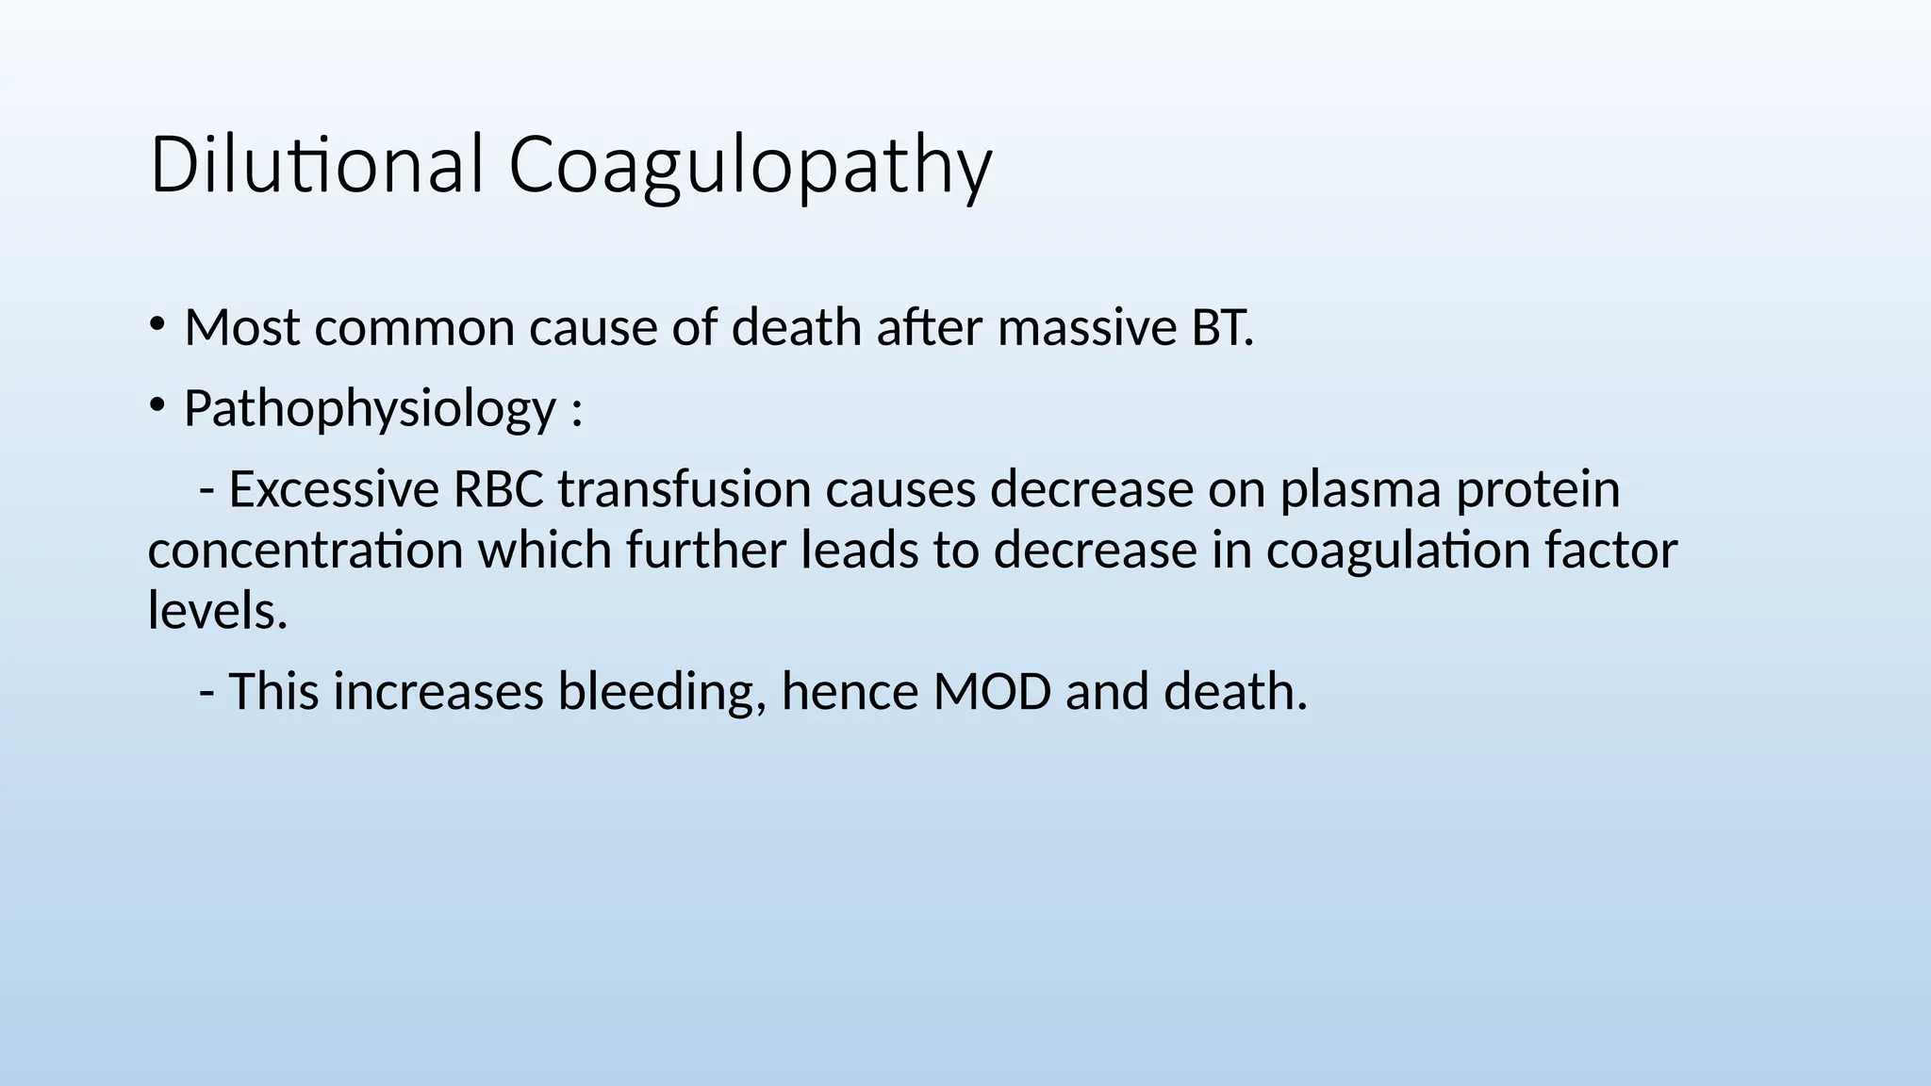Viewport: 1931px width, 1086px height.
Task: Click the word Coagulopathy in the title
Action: pos(750,168)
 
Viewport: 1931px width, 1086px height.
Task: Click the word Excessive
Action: pos(334,490)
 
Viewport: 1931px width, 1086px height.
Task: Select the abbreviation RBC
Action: pos(498,490)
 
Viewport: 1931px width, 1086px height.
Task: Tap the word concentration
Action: pos(305,551)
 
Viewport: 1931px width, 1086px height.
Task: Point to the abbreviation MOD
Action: pos(992,691)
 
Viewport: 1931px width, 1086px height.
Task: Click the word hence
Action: pos(850,691)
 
